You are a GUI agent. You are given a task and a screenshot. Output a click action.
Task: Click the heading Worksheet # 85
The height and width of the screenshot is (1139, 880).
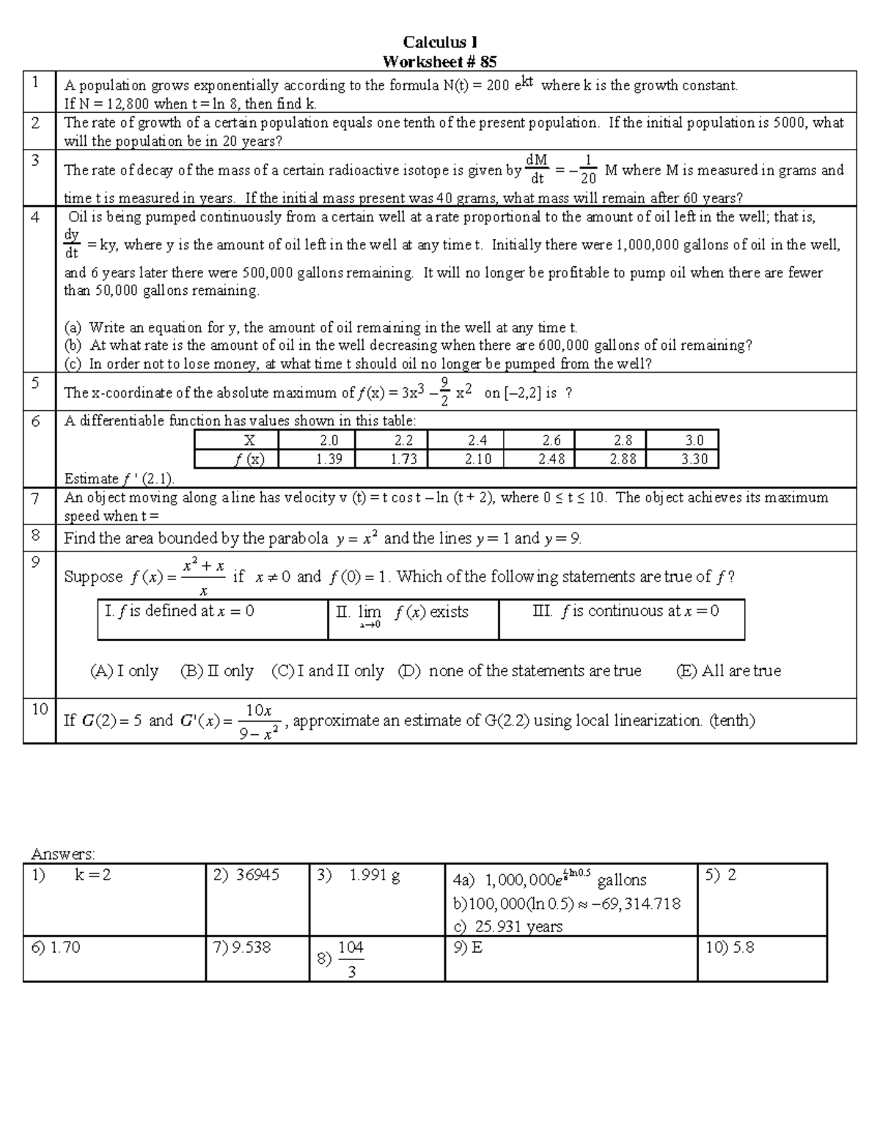coord(440,62)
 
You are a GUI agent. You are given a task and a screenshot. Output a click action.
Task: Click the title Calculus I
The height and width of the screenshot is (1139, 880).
coord(440,43)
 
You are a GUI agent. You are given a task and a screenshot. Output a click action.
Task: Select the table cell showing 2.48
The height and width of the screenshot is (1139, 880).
coord(551,459)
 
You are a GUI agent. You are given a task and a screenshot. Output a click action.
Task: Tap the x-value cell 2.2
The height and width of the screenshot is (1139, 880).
coord(403,440)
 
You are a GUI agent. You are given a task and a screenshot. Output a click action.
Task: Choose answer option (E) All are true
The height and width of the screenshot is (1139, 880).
coord(728,670)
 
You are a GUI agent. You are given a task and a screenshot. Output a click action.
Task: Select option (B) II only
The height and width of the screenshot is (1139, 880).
coord(216,670)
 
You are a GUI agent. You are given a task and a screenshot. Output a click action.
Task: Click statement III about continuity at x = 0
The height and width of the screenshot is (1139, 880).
coord(625,611)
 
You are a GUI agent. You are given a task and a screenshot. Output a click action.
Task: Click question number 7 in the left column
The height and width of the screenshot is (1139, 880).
coord(36,498)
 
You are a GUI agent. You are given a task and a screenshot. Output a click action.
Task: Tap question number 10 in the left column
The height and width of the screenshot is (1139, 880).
coord(39,708)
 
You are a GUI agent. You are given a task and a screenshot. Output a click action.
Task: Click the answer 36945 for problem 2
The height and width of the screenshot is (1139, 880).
coord(248,875)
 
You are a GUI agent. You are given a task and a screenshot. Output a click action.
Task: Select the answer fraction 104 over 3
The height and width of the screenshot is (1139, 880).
coord(351,959)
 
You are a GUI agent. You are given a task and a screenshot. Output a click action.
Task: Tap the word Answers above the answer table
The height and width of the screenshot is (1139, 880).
coord(63,854)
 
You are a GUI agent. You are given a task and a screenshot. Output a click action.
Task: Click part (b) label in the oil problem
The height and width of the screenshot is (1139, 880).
coord(73,345)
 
